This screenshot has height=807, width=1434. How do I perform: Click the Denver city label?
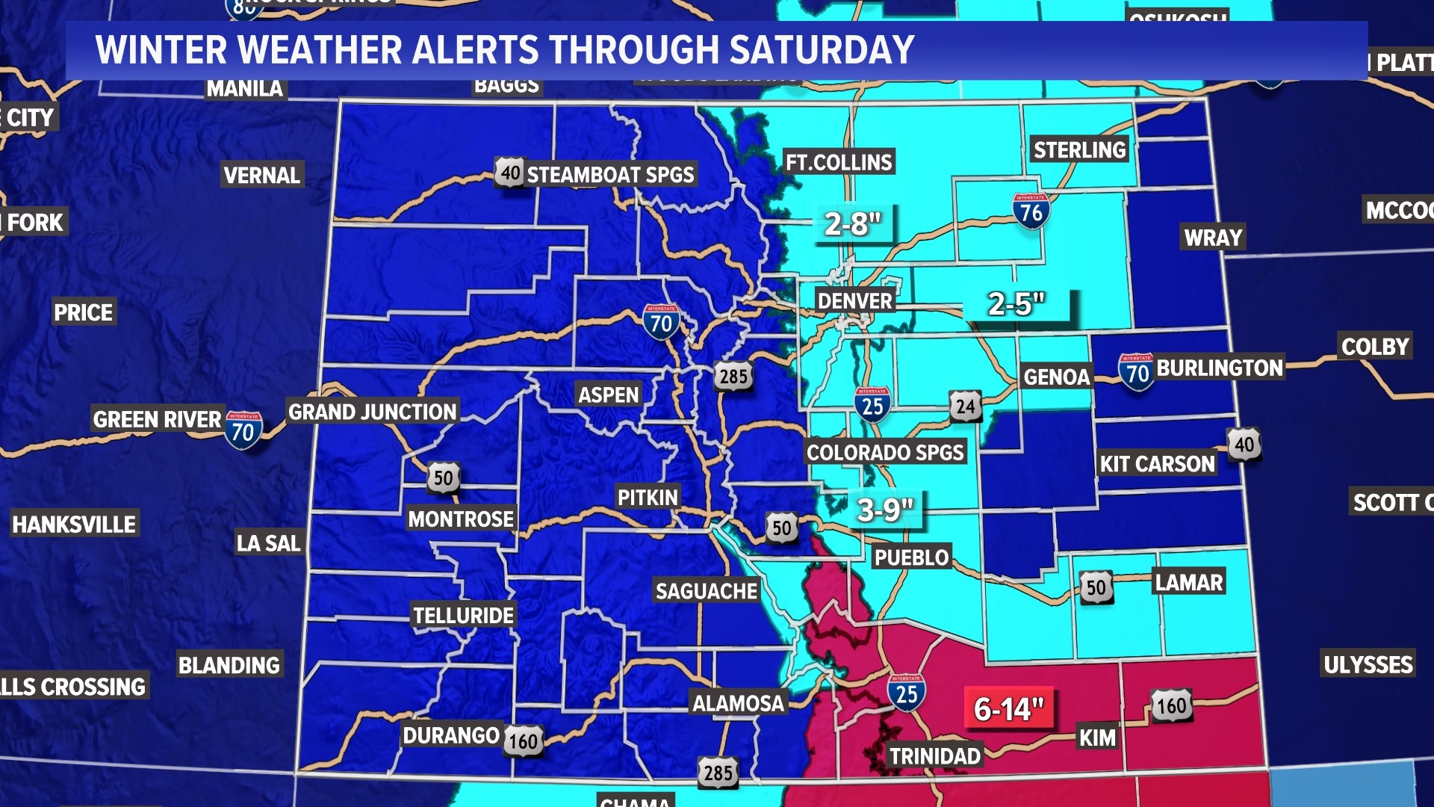point(855,301)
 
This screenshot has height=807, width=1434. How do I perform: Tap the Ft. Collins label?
point(839,162)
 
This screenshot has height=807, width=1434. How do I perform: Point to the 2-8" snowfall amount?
point(853,223)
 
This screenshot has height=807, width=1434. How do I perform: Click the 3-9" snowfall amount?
point(885,510)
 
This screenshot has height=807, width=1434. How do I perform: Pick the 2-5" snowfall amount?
point(1016,304)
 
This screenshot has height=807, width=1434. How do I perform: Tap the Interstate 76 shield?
point(1031,211)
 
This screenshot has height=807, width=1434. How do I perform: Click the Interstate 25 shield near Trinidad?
point(907,693)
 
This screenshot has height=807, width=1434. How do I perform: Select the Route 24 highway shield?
point(965,406)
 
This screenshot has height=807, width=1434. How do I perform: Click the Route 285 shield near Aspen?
point(733,376)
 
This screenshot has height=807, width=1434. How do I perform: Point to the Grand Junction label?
point(372,412)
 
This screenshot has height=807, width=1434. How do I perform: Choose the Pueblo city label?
point(911,557)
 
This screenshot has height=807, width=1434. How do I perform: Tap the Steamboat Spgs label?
point(610,175)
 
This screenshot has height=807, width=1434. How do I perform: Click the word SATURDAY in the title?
point(822,50)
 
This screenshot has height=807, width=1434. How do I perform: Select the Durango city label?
point(451,735)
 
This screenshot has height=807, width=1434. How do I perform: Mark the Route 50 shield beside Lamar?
point(1096,587)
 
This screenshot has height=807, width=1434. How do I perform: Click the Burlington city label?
point(1220,368)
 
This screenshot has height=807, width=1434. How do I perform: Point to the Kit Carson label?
point(1157,464)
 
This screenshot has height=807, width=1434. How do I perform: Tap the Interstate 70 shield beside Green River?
point(243,430)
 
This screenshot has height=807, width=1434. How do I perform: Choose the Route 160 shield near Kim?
point(1171,705)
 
